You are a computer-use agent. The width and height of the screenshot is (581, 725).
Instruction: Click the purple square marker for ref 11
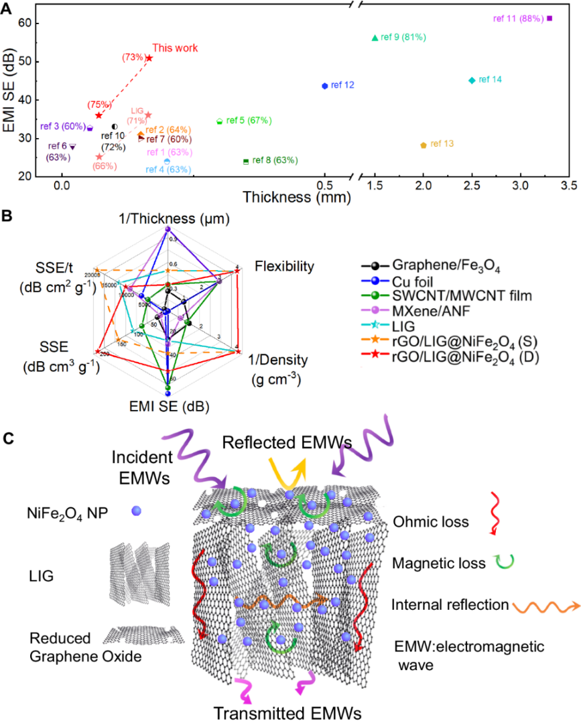pos(550,18)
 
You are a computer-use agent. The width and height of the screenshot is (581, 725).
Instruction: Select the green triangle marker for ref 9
pos(375,38)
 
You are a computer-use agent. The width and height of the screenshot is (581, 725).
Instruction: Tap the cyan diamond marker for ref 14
pos(472,80)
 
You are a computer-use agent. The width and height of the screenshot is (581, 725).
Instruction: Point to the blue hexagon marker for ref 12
pos(325,86)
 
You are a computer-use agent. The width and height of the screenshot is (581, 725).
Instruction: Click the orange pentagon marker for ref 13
pos(423,145)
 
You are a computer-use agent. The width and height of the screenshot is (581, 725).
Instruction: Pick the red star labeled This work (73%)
pos(149,58)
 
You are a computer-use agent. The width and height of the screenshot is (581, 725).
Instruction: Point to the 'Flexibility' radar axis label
pos(284,267)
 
